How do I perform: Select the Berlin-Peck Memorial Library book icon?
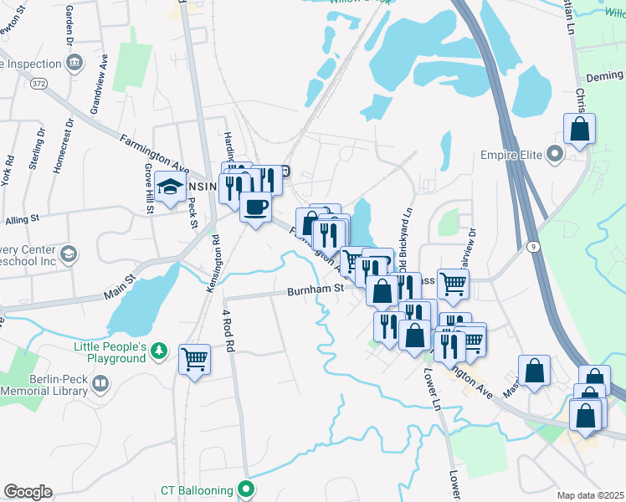(x=100, y=384)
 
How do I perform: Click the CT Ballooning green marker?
(x=246, y=489)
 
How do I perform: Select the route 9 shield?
(x=532, y=246)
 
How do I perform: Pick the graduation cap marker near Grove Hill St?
(x=170, y=189)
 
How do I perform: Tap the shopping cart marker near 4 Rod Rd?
(x=195, y=359)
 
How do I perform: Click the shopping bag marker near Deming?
(x=579, y=131)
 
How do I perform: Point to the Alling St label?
(x=23, y=219)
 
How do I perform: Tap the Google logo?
(x=28, y=492)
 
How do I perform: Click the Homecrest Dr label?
(x=58, y=145)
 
